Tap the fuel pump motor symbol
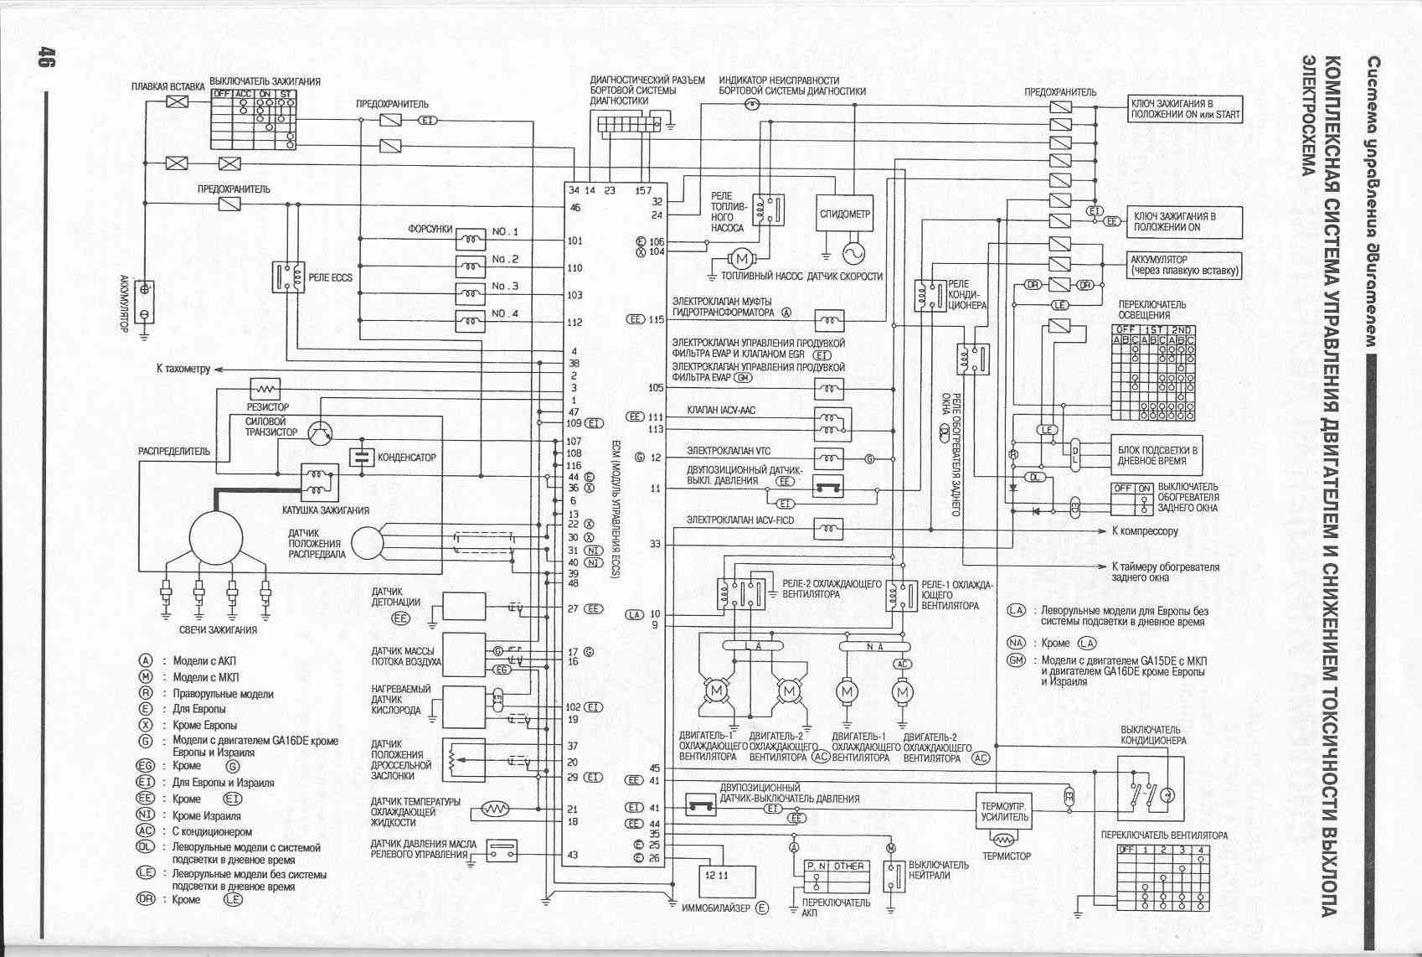point(741,259)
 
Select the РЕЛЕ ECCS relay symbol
point(288,277)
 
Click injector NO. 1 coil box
point(471,241)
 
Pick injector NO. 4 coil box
point(471,321)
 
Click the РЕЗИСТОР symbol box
point(265,389)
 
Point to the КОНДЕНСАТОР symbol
point(362,457)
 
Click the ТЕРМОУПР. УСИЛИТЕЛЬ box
point(1003,811)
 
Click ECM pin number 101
point(574,241)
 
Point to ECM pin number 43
point(573,856)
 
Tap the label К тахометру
point(183,369)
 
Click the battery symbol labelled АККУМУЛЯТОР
point(144,301)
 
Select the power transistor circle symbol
point(320,433)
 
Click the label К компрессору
point(1144,531)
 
